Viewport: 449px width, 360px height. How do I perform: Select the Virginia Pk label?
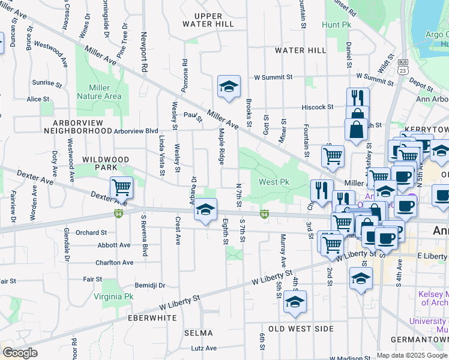(113, 296)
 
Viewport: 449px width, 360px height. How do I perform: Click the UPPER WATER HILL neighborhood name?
(208, 19)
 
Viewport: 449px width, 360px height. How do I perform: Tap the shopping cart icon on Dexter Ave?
(121, 188)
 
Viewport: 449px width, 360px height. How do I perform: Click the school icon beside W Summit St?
(229, 87)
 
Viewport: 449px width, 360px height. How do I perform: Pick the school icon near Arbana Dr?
(205, 210)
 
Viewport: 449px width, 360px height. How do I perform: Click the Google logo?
(20, 353)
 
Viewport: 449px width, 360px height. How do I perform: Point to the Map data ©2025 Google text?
(411, 355)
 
